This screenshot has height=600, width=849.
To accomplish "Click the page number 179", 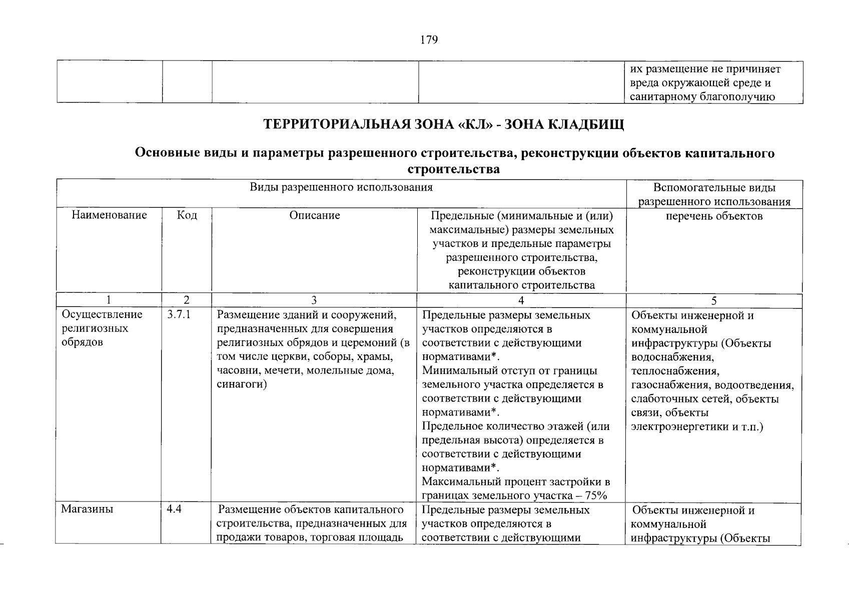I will point(429,40).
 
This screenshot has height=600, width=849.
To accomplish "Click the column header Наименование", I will point(109,215).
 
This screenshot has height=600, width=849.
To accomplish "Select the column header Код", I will point(187,215).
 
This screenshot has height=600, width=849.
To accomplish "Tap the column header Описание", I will point(314,215).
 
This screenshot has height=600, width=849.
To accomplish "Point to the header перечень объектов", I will point(714,216).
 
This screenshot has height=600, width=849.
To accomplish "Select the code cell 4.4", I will point(174,509).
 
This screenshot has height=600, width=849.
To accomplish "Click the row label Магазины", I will point(87,509).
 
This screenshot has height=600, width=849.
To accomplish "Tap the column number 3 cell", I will point(314,300).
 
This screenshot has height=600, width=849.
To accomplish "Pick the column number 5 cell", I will point(714,300).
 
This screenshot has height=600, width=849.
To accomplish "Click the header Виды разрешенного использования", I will point(341,187).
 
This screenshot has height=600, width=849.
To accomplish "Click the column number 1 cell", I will point(109,300).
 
